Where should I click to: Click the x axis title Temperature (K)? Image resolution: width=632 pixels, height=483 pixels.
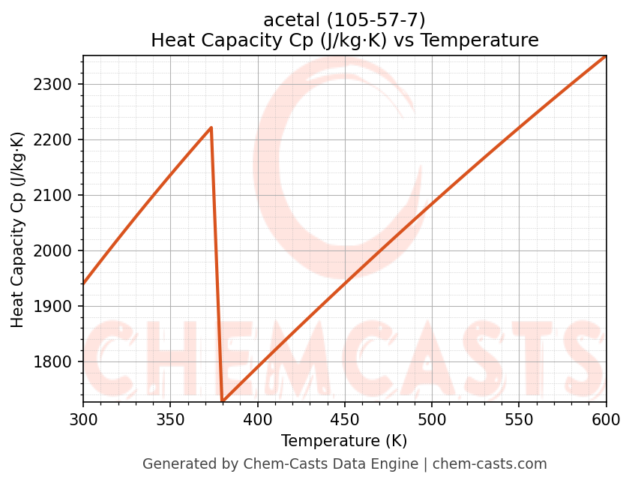click(344, 441)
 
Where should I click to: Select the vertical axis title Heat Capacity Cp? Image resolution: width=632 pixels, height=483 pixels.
click(18, 229)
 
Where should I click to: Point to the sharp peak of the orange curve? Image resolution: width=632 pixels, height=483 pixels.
click(211, 127)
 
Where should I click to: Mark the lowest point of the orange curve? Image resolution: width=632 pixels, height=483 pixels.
click(223, 401)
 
